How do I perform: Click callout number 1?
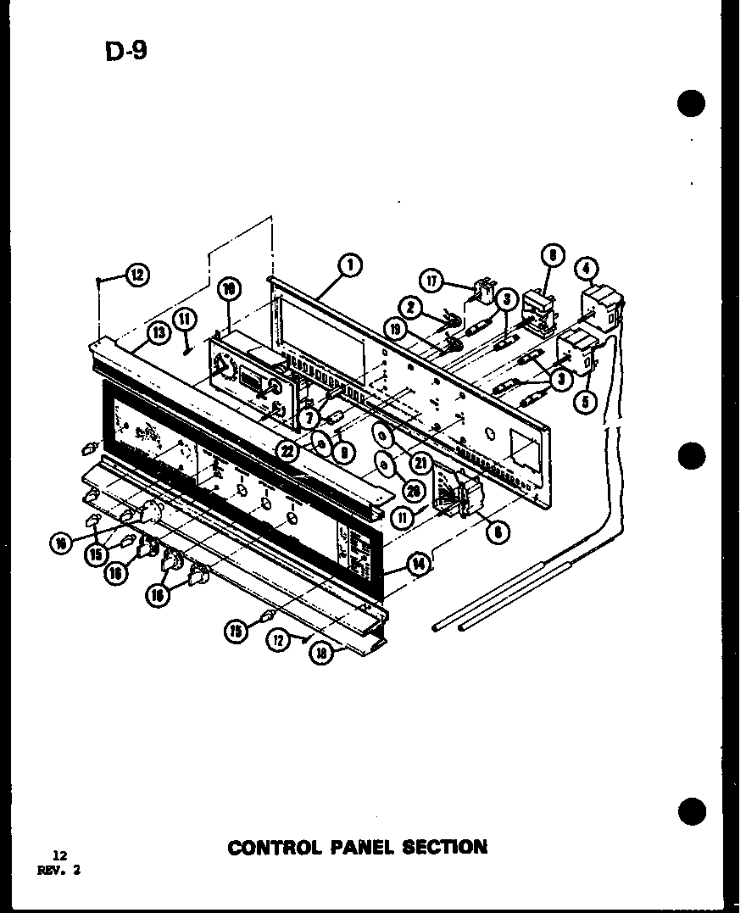348,265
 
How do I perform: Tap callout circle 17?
433,281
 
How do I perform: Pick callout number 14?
418,563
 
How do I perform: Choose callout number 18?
320,654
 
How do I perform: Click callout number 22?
289,452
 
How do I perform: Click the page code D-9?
125,50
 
